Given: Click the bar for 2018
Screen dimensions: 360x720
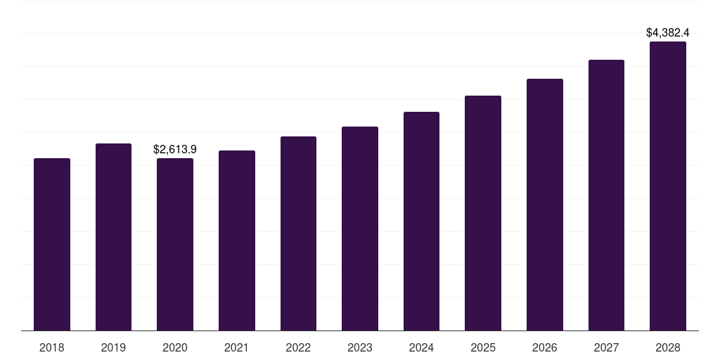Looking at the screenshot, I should [x=52, y=244].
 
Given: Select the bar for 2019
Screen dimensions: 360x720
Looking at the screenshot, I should [x=113, y=237].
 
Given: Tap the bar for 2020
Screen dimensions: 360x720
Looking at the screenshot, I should [x=175, y=244].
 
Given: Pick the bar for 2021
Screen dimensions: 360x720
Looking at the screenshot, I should [x=237, y=240].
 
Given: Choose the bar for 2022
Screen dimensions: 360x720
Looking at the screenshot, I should [x=298, y=233].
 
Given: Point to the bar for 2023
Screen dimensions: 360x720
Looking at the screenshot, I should [x=360, y=229].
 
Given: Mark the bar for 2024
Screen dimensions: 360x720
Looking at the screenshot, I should [x=421, y=221].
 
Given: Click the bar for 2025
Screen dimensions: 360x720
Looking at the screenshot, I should [x=483, y=213].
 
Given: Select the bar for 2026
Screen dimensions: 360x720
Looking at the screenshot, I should [x=545, y=205].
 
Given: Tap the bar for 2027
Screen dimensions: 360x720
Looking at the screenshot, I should [x=606, y=195].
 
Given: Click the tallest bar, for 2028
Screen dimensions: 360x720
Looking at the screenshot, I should [x=668, y=186].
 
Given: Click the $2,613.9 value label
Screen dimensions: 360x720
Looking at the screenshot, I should [x=175, y=149].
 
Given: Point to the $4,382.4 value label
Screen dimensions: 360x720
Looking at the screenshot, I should [x=668, y=32].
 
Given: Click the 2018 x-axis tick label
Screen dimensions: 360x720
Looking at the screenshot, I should [x=52, y=347].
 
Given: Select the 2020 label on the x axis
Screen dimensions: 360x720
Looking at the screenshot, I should [x=175, y=347].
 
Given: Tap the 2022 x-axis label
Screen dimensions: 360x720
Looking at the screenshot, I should [x=298, y=347].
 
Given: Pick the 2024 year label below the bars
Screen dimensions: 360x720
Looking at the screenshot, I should [x=421, y=347].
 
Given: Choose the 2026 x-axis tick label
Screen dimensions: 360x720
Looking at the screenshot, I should [x=545, y=347].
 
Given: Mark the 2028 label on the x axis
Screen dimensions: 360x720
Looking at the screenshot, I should [x=668, y=347].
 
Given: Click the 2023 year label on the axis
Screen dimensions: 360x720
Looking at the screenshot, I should [x=360, y=347].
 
